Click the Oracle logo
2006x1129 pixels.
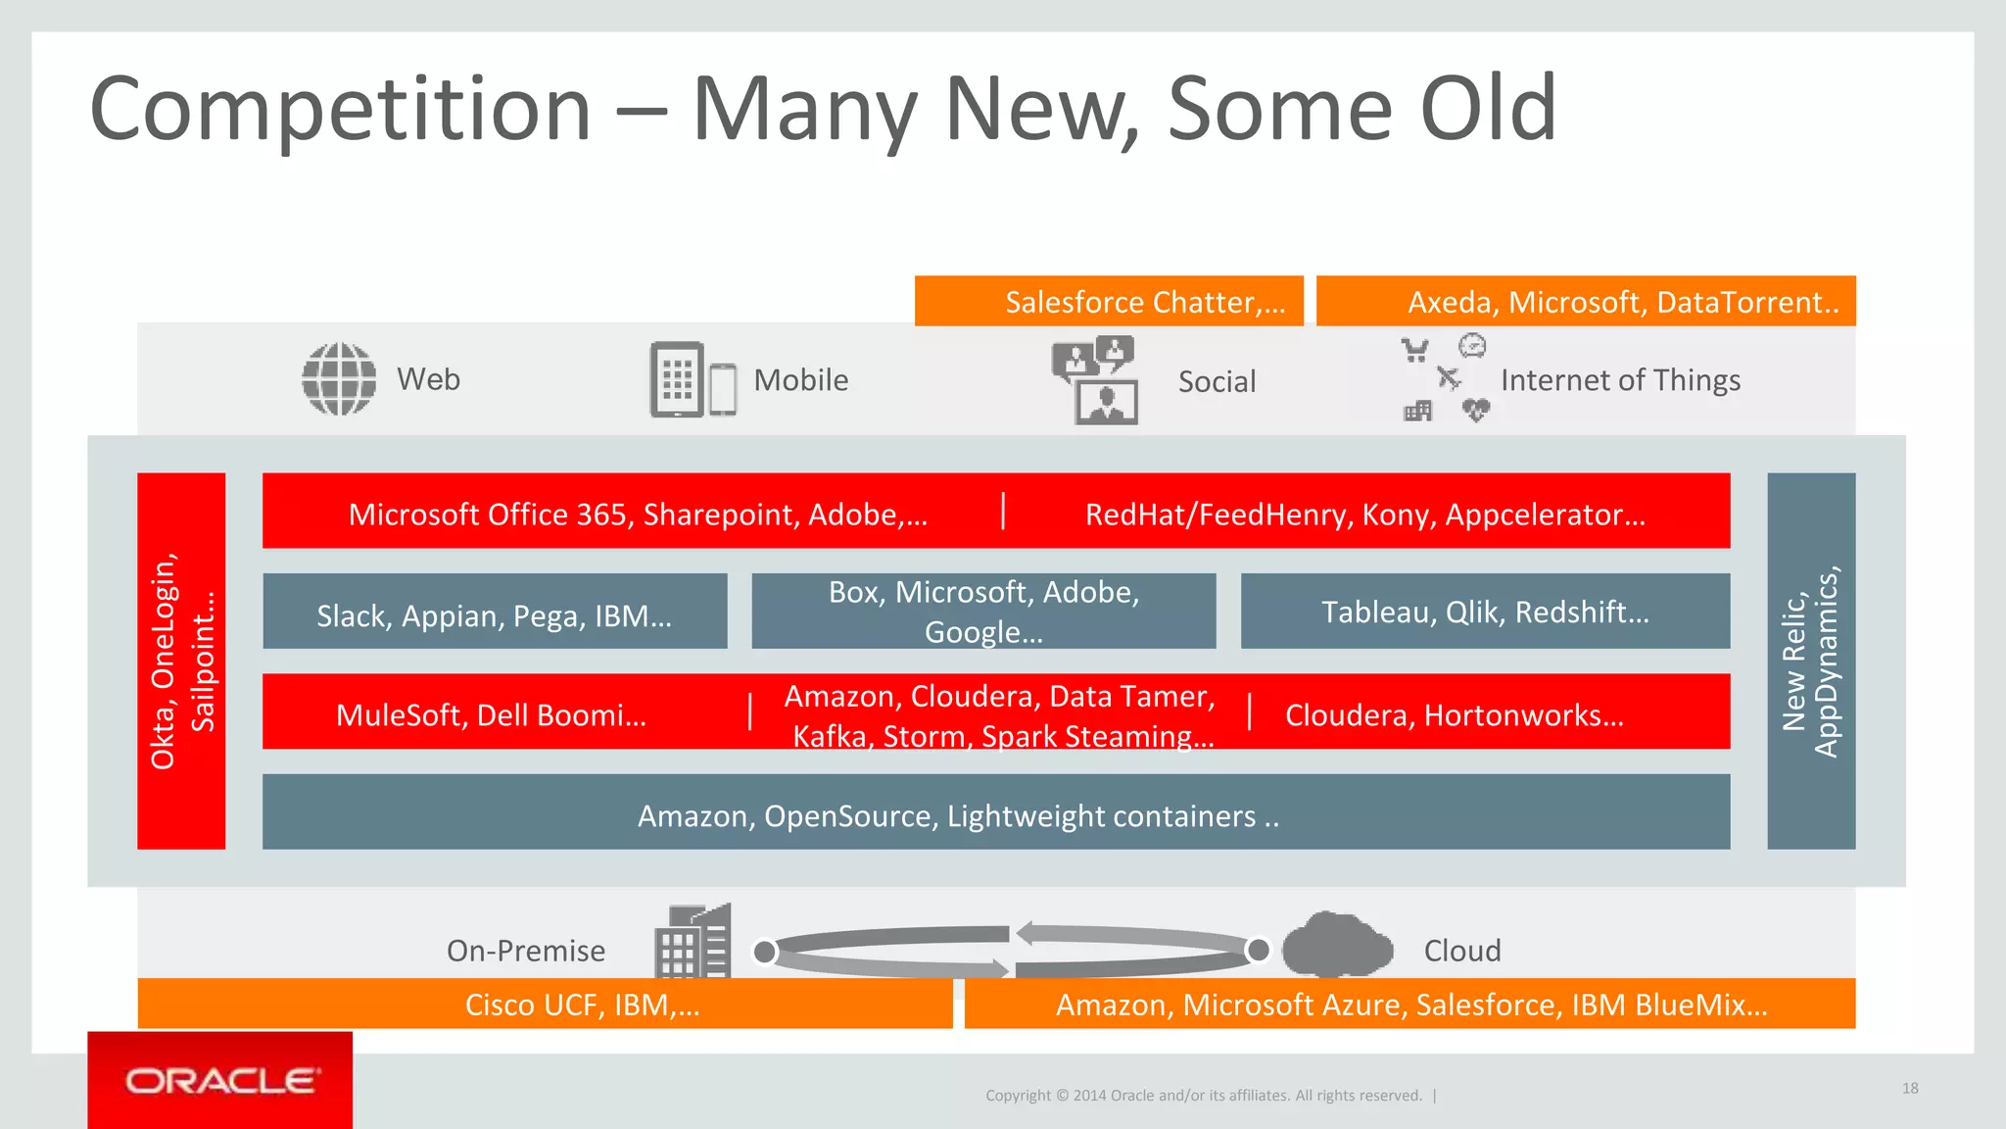pyautogui.click(x=220, y=1080)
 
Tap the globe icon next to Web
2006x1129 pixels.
pyautogui.click(x=339, y=379)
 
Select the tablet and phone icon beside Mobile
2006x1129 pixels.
pyautogui.click(x=693, y=380)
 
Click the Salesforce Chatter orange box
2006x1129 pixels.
pyautogui.click(x=1109, y=301)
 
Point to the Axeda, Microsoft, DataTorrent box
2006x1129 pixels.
pyautogui.click(x=1586, y=301)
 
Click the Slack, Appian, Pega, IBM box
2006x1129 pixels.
pyautogui.click(x=495, y=612)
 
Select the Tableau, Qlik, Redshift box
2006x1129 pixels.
pyautogui.click(x=1485, y=612)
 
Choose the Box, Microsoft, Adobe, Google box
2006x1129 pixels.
pyautogui.click(x=983, y=612)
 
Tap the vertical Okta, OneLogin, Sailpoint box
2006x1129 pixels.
pyautogui.click(x=181, y=661)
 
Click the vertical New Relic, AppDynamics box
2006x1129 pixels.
pyautogui.click(x=1811, y=661)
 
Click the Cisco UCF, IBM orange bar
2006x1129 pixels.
pyautogui.click(x=545, y=1004)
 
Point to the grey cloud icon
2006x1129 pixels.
pyautogui.click(x=1337, y=945)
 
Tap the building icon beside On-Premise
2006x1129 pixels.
pyautogui.click(x=693, y=942)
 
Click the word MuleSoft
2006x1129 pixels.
pyautogui.click(x=399, y=715)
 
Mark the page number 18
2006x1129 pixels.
pyautogui.click(x=1910, y=1088)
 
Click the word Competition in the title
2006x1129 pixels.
pyautogui.click(x=341, y=109)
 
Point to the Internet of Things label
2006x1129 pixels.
pyautogui.click(x=1620, y=380)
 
